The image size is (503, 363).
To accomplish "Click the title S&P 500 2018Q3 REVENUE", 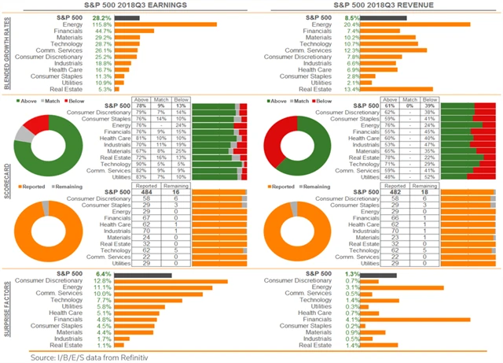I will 376,5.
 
